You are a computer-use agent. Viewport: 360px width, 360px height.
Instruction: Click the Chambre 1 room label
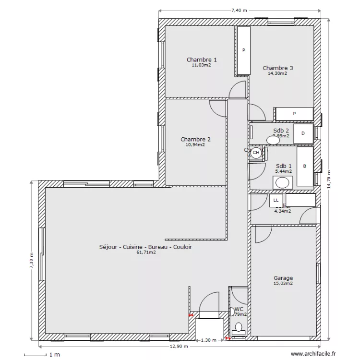(201, 60)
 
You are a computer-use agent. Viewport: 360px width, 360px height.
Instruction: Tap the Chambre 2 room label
(195, 140)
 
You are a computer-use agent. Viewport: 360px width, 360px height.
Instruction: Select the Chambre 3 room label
(277, 68)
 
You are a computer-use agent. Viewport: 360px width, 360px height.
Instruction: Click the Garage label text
(283, 278)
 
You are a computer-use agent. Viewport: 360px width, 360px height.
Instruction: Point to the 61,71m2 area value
(146, 252)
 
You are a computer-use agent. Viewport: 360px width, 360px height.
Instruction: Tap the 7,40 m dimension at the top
(239, 10)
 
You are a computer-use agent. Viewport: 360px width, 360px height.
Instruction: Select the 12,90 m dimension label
(179, 347)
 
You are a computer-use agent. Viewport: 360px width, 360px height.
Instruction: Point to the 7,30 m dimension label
(32, 262)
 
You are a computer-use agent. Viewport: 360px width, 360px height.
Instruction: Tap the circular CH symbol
(256, 153)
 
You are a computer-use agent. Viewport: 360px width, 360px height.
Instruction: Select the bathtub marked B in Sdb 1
(304, 167)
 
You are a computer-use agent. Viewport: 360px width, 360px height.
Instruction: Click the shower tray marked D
(303, 133)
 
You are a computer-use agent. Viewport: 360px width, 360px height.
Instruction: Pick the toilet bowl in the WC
(239, 328)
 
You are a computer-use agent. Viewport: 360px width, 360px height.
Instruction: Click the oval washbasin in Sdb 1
(282, 182)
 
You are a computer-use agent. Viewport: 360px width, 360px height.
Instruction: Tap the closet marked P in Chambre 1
(244, 50)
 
